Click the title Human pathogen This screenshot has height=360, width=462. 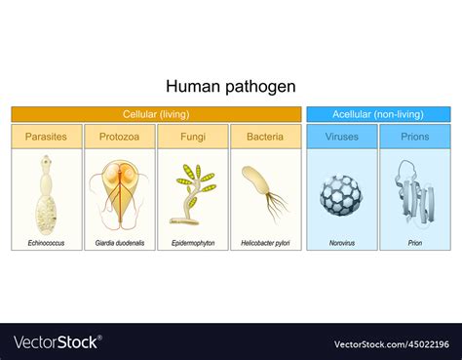click(230, 87)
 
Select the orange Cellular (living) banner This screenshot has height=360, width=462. click(156, 114)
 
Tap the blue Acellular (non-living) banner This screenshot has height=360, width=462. click(378, 114)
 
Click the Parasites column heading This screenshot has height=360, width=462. click(47, 137)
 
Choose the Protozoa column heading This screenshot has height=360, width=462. click(120, 137)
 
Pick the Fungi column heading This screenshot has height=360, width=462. click(192, 137)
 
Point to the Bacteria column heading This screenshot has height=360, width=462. click(265, 137)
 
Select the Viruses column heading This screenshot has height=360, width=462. click(341, 137)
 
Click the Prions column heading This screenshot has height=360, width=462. click(414, 137)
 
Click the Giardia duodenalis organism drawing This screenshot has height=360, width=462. click(120, 190)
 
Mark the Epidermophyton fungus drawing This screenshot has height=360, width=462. click(191, 193)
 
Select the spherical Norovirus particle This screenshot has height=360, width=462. click(340, 194)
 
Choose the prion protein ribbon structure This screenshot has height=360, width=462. click(413, 190)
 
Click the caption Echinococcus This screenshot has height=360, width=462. click(47, 242)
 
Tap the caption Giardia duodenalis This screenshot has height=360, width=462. click(120, 242)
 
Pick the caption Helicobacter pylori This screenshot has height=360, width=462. click(265, 242)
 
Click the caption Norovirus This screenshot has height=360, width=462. click(341, 242)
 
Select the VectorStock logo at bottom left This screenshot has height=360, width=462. click(57, 342)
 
